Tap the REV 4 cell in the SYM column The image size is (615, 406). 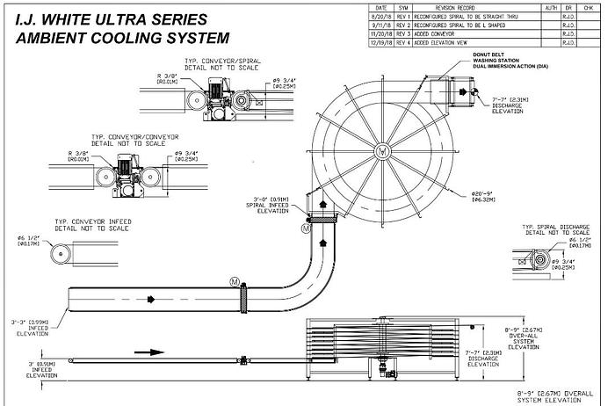pyautogui.click(x=404, y=41)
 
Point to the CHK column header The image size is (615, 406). pyautogui.click(x=590, y=7)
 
